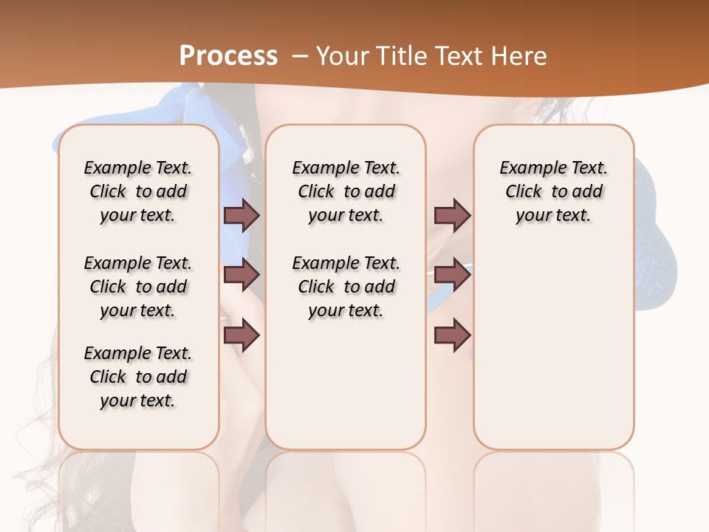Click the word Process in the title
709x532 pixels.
[x=229, y=55]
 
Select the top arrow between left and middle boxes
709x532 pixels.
[x=242, y=215]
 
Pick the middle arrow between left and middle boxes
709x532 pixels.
[x=242, y=275]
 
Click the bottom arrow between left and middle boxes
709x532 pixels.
[x=242, y=335]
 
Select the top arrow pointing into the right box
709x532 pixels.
[x=452, y=215]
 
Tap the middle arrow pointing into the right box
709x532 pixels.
[x=452, y=275]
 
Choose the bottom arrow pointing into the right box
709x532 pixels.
[x=452, y=335]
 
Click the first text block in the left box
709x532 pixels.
[x=138, y=191]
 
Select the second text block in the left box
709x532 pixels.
[x=138, y=287]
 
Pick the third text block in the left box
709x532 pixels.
[x=138, y=377]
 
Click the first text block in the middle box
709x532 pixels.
[x=346, y=191]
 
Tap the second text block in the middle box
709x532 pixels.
[x=346, y=287]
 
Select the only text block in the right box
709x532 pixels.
[x=554, y=191]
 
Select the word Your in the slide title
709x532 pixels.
[x=340, y=55]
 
